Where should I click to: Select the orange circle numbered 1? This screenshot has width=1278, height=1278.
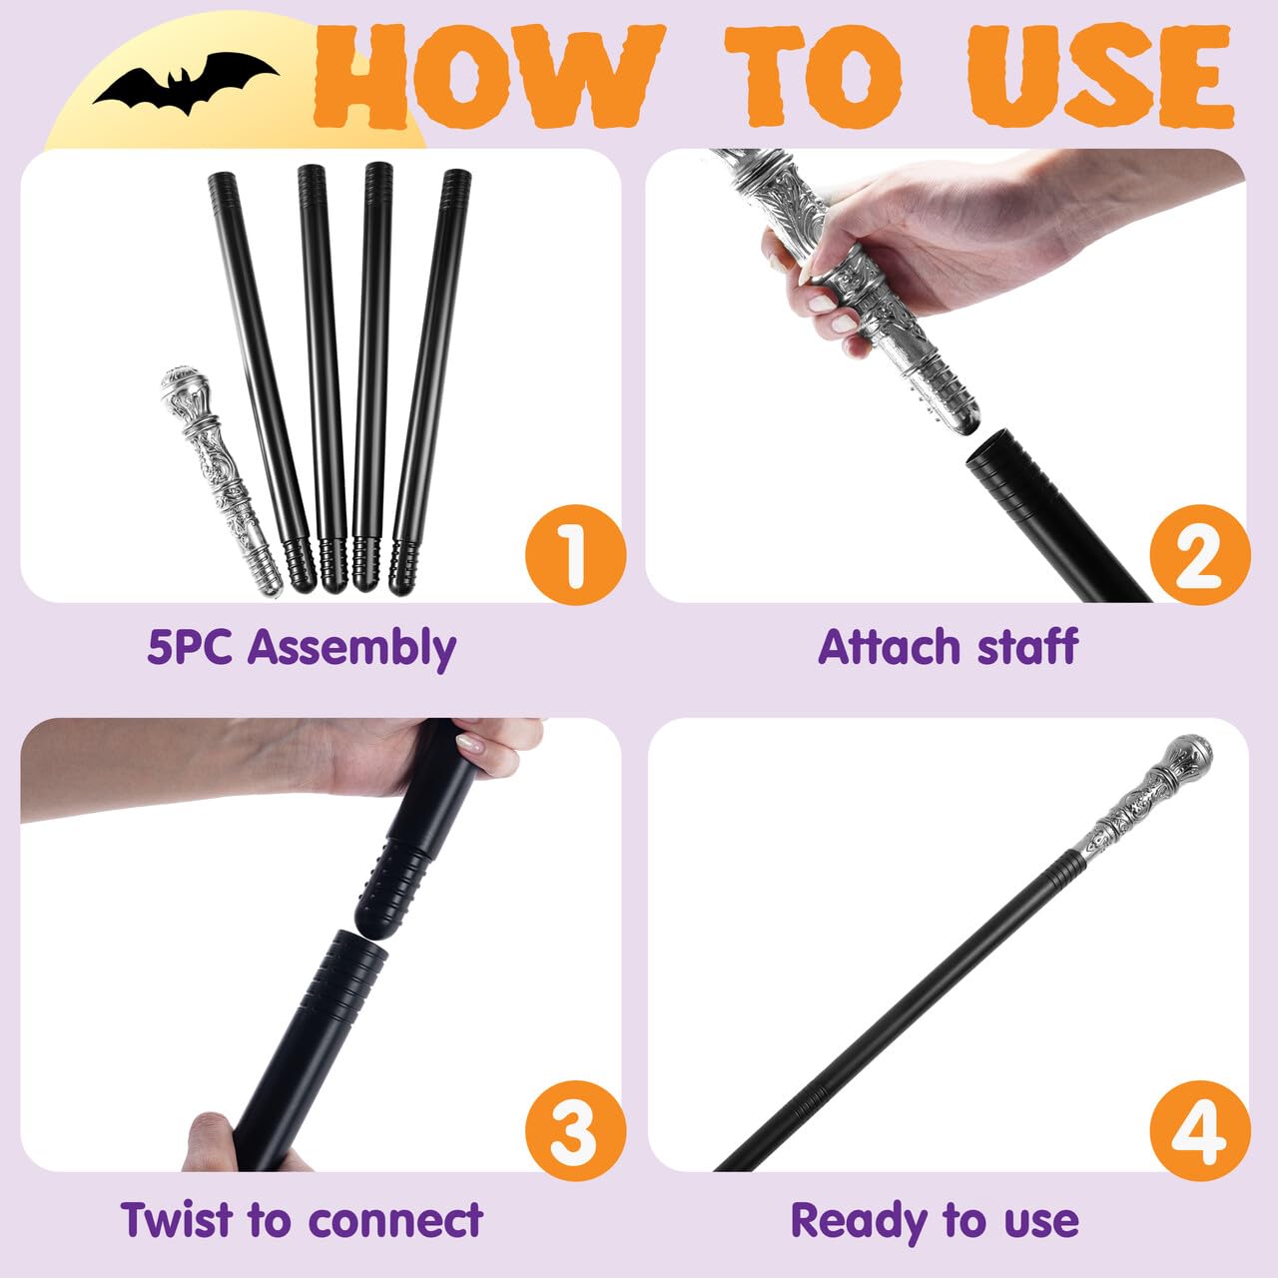(x=575, y=554)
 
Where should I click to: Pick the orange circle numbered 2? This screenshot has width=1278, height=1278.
(x=1200, y=554)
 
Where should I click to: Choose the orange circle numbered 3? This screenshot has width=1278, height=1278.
(x=575, y=1130)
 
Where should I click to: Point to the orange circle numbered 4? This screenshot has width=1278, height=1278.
(x=1200, y=1130)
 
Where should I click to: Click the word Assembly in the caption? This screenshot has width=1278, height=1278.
(x=351, y=649)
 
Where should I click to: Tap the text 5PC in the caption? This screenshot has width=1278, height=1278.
(x=190, y=647)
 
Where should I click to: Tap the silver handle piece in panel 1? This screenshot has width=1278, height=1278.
(x=222, y=481)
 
